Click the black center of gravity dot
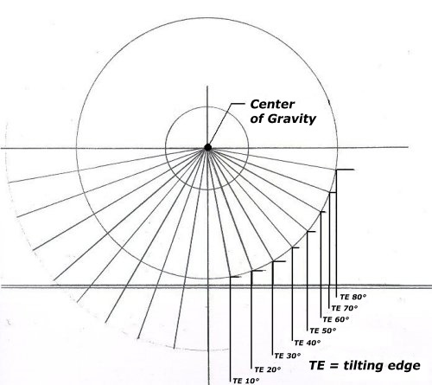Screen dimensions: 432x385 click(207, 148)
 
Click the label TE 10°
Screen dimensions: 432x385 click(246, 381)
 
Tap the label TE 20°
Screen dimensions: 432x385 click(268, 369)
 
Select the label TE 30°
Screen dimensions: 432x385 click(288, 356)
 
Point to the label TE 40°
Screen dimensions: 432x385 click(308, 343)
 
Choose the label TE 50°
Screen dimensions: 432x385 click(323, 330)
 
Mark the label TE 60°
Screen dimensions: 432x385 click(336, 319)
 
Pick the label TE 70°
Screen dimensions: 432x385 click(345, 308)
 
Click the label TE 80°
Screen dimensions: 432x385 click(353, 297)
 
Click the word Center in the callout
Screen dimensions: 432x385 click(272, 104)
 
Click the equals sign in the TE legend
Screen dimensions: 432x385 click(334, 366)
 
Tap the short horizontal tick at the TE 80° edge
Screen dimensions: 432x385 click(345, 170)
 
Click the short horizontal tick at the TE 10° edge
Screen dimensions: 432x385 click(235, 277)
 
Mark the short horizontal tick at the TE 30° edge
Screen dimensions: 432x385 click(279, 261)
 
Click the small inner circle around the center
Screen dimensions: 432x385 click(165, 148)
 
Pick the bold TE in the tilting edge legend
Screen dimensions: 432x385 click(317, 365)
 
